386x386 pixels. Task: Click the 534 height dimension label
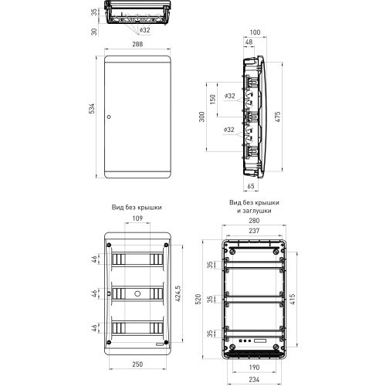click(92, 109)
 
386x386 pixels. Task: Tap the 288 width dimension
click(137, 44)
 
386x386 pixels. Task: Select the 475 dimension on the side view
click(278, 117)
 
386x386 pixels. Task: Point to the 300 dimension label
click(202, 117)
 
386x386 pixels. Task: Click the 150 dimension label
click(213, 100)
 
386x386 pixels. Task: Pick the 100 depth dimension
click(255, 32)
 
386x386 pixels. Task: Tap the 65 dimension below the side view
click(251, 186)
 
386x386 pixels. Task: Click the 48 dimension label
click(249, 42)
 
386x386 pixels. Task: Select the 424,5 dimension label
click(178, 293)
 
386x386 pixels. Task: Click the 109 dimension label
click(137, 218)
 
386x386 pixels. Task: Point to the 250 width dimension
click(137, 364)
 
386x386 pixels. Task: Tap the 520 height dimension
click(198, 300)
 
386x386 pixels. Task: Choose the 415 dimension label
click(293, 300)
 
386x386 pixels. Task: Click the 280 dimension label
click(254, 221)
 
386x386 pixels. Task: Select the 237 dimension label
click(254, 231)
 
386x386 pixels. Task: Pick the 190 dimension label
click(254, 367)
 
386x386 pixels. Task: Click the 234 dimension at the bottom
click(254, 379)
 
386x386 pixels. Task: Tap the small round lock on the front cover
click(109, 117)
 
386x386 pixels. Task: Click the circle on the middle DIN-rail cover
click(137, 293)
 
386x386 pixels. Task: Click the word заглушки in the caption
click(257, 211)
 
